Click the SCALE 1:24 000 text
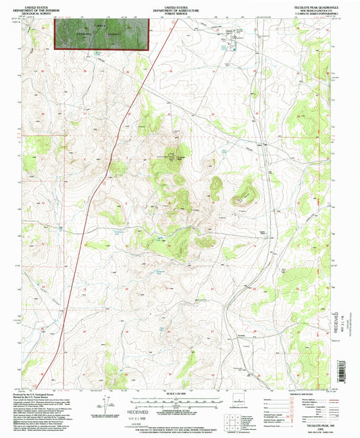point(180,393)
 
